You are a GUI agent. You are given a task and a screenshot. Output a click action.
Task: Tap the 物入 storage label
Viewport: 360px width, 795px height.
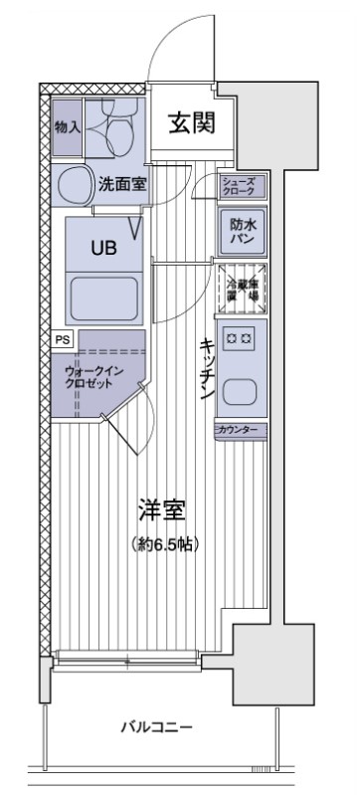click(68, 129)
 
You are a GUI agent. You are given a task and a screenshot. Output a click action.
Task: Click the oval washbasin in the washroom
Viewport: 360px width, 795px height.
click(74, 185)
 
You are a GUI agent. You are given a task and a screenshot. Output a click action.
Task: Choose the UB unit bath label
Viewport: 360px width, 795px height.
click(103, 250)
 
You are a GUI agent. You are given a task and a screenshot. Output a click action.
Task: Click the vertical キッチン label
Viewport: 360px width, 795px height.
click(207, 367)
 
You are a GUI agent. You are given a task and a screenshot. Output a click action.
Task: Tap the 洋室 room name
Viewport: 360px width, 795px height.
click(161, 512)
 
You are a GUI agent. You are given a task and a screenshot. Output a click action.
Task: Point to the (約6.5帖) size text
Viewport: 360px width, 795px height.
click(161, 545)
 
